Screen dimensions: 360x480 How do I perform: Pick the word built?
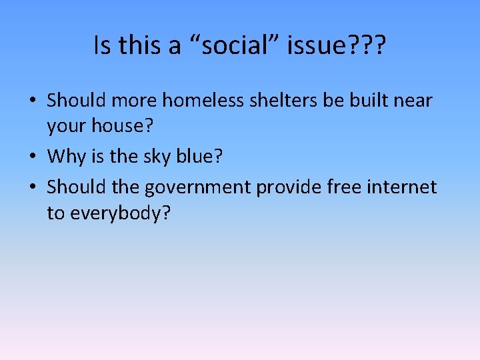tap(368, 101)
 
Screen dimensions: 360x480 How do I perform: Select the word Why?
tap(66, 158)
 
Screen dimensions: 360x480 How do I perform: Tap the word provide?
tap(290, 187)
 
